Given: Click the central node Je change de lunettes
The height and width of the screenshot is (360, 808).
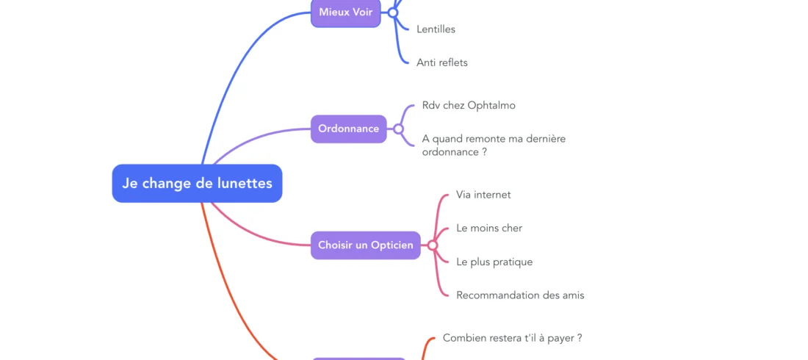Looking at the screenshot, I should (x=197, y=183).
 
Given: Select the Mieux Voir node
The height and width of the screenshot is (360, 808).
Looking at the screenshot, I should (x=345, y=12).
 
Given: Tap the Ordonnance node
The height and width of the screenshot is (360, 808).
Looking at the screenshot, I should (x=348, y=129).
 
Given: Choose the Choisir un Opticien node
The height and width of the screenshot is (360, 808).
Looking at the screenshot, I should (x=365, y=245).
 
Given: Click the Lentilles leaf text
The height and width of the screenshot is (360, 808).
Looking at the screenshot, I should (x=436, y=29).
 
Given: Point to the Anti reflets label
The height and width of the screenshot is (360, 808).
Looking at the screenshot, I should (x=441, y=62).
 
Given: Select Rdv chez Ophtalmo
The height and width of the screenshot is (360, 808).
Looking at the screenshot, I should (x=469, y=105).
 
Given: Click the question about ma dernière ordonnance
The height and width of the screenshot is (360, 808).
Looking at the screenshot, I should (x=494, y=145).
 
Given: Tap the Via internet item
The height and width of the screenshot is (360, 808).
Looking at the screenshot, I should (x=483, y=195).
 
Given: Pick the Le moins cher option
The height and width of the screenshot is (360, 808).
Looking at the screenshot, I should (x=488, y=228).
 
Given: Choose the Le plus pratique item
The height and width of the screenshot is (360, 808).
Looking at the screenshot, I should (x=494, y=262).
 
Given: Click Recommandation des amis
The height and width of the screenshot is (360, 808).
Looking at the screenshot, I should (x=519, y=295).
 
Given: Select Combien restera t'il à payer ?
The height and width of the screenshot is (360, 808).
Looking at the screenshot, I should (x=512, y=338).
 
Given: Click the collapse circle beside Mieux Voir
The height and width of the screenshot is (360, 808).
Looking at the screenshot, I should (x=393, y=12).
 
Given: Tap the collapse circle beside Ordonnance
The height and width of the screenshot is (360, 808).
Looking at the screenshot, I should (x=398, y=129).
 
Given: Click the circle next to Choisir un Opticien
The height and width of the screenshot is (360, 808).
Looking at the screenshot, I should (x=433, y=245).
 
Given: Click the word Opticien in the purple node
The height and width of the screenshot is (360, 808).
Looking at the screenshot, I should (x=392, y=245).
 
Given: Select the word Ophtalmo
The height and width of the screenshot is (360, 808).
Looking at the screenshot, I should (x=491, y=105).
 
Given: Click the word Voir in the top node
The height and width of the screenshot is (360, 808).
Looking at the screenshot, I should (x=361, y=12).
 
